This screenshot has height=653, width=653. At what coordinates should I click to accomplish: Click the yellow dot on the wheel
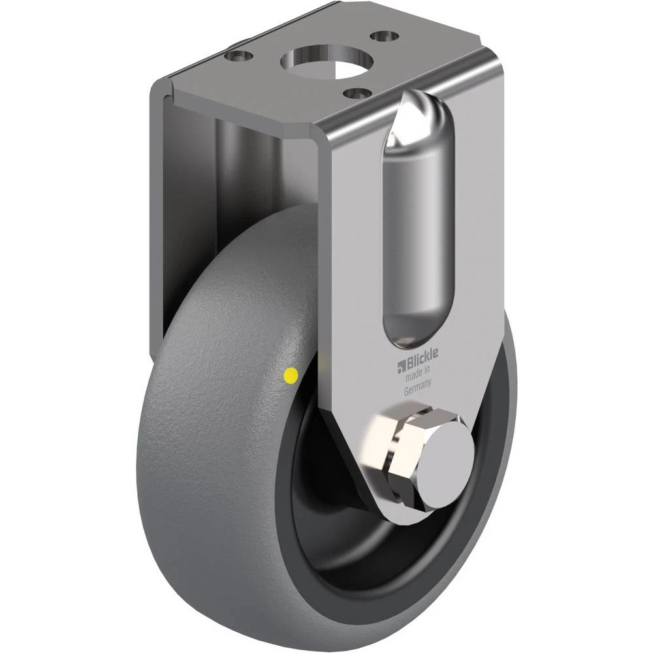tap(291, 375)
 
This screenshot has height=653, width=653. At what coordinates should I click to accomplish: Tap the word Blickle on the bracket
tap(422, 355)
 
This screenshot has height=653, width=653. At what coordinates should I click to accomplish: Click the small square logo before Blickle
tap(402, 364)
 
